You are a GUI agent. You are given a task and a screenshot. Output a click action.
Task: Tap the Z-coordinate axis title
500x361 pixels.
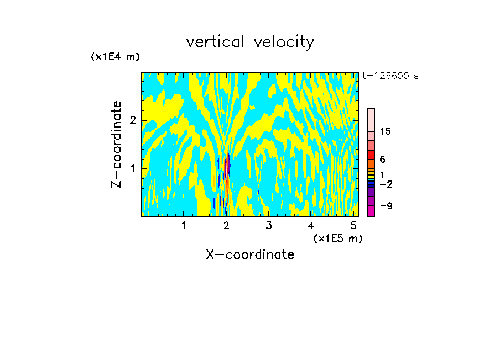pyautogui.click(x=116, y=144)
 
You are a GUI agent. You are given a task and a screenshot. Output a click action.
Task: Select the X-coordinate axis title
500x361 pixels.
pyautogui.click(x=250, y=254)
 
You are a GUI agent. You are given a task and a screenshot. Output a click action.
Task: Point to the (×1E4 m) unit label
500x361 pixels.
pyautogui.click(x=115, y=57)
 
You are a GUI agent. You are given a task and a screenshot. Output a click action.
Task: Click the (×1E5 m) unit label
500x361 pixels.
pyautogui.click(x=338, y=238)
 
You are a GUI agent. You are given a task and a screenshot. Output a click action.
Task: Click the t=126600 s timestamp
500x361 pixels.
pyautogui.click(x=390, y=76)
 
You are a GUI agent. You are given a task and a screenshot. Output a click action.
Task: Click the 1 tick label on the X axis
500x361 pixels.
pyautogui.click(x=184, y=225)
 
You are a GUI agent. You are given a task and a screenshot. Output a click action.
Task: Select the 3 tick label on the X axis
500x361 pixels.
pyautogui.click(x=269, y=225)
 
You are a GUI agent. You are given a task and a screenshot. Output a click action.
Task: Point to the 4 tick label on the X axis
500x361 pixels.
pyautogui.click(x=311, y=225)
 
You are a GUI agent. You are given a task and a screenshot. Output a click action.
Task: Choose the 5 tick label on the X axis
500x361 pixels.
pyautogui.click(x=354, y=225)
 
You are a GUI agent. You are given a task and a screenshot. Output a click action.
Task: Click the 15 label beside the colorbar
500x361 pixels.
pyautogui.click(x=386, y=131)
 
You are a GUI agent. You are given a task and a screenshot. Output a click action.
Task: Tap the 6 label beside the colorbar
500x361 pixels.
pyautogui.click(x=382, y=159)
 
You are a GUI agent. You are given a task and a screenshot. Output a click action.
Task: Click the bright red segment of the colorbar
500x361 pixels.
pyautogui.click(x=371, y=154)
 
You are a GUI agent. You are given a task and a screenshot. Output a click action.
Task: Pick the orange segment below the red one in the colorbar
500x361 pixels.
pyautogui.click(x=371, y=164)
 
